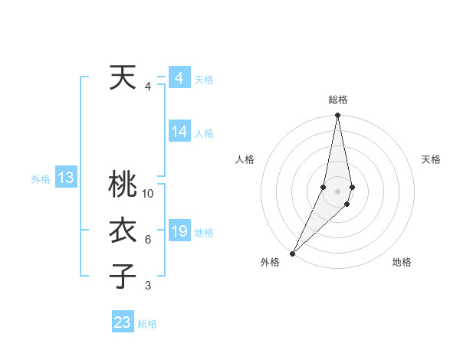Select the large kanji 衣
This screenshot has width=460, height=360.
tap(123, 231)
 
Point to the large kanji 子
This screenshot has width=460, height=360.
tap(123, 277)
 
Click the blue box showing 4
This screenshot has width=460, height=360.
tap(179, 78)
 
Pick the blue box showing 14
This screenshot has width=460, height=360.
tap(179, 132)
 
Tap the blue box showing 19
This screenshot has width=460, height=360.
tap(179, 231)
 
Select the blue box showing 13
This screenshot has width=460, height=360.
tap(66, 178)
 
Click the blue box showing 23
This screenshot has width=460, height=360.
tap(123, 322)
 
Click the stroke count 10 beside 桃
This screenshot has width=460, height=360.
tap(148, 193)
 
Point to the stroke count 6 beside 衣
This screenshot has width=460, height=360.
tap(148, 240)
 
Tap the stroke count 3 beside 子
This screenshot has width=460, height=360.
tap(148, 286)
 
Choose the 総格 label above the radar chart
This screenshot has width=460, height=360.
tap(338, 100)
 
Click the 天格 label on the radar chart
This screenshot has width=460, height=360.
tap(432, 159)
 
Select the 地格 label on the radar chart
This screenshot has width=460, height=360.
tap(402, 262)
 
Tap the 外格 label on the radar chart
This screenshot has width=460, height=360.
tap(270, 262)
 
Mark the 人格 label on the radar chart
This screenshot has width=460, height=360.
tap(245, 159)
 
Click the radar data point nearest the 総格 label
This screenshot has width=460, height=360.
tap(337, 116)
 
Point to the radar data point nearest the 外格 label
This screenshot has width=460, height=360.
tap(293, 253)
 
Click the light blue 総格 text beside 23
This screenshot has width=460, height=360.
tap(147, 323)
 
